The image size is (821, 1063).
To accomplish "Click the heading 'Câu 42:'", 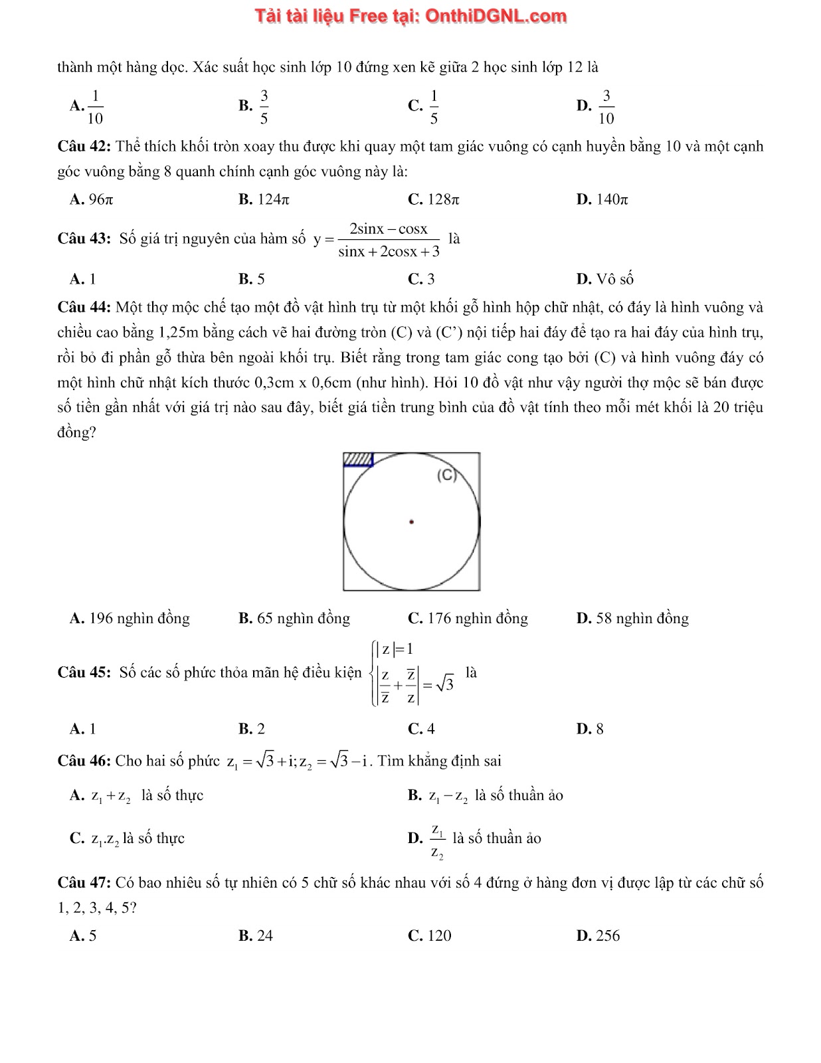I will (85, 146).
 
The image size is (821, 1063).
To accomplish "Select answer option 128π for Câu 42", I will (434, 199).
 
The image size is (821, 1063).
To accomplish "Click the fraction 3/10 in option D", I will (606, 106).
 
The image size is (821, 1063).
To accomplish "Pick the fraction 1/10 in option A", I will (95, 106).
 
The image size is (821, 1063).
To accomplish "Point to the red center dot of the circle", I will (411, 522).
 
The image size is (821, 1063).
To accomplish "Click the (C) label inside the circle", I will (447, 476).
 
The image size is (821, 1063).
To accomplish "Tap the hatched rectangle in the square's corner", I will (358, 460).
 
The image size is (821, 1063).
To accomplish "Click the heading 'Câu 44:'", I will (85, 307).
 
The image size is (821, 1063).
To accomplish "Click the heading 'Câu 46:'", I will (85, 761).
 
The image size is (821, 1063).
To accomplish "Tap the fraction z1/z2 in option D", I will (437, 840).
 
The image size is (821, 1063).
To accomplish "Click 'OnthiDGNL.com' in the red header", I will (496, 16).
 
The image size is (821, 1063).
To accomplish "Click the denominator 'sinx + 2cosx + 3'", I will (389, 252).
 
